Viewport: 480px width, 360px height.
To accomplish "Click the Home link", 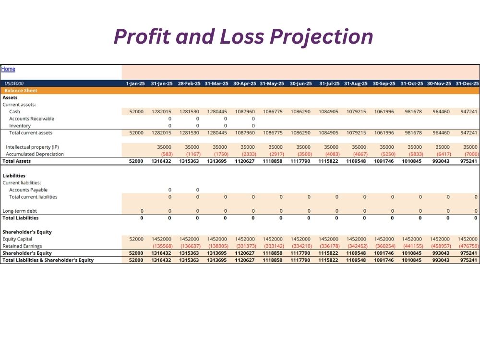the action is (8, 69).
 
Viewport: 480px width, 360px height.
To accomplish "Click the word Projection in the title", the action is (321, 37).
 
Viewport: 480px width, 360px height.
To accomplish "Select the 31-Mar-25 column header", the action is (216, 84).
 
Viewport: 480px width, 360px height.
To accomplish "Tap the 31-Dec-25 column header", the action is (467, 84).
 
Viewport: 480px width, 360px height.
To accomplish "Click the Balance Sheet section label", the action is (21, 91).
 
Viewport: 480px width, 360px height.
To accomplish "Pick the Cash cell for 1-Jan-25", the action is (136, 112).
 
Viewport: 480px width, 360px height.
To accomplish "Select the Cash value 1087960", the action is (245, 112).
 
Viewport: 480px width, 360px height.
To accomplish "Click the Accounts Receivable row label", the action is (32, 119).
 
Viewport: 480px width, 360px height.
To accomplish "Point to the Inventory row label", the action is (20, 126).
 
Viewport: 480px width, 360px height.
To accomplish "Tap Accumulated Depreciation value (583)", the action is (167, 154).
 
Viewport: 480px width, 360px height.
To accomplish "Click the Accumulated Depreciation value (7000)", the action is (471, 154).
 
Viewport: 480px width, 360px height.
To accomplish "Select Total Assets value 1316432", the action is (161, 161).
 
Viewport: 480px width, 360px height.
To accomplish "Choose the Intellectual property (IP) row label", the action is (32, 147).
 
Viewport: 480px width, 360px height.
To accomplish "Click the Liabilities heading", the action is (14, 176).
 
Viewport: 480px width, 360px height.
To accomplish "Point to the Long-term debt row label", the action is (20, 211).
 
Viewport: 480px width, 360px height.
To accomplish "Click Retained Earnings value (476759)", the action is (468, 246).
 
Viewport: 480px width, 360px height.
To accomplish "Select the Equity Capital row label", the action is (17, 239).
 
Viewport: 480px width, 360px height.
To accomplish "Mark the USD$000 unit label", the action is (14, 84).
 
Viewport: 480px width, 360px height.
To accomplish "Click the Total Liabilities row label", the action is (21, 218).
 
